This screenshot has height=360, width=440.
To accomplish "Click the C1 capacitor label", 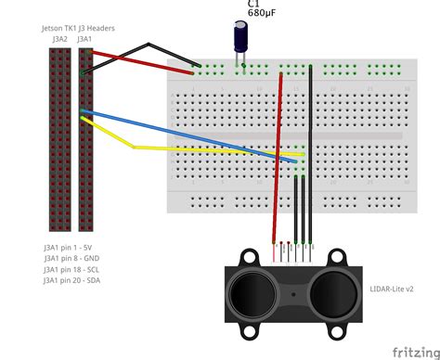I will (253, 5).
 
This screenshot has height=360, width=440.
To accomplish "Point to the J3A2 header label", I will (60, 40).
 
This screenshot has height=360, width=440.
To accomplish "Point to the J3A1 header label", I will (85, 40).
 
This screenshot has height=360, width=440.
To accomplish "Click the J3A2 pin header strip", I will (60, 139).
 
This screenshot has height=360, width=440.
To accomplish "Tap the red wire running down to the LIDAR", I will (278, 158).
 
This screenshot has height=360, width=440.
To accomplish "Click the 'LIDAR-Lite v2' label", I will (391, 288).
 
